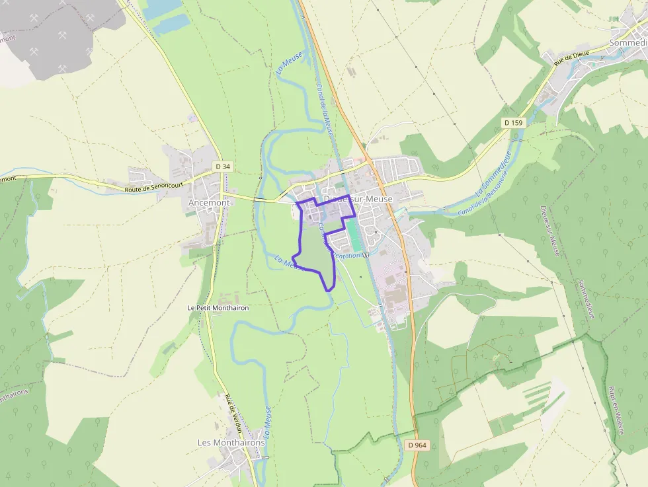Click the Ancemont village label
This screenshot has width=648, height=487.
pyautogui.click(x=209, y=203)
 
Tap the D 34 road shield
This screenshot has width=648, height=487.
pyautogui.click(x=223, y=167)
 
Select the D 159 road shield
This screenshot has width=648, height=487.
pyautogui.click(x=512, y=123)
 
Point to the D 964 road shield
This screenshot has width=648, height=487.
pyautogui.click(x=417, y=445)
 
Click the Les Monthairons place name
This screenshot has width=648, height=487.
pyautogui.click(x=231, y=442)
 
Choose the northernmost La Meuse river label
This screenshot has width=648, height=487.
pyautogui.click(x=288, y=63)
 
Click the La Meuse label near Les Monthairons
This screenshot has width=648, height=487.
pyautogui.click(x=267, y=424)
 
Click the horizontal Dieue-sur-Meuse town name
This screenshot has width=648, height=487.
pyautogui.click(x=358, y=199)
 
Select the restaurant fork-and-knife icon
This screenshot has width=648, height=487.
pyautogui.click(x=366, y=255)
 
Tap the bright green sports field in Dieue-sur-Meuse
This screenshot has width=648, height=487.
pyautogui.click(x=355, y=234)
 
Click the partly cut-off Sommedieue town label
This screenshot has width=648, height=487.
pyautogui.click(x=628, y=43)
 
